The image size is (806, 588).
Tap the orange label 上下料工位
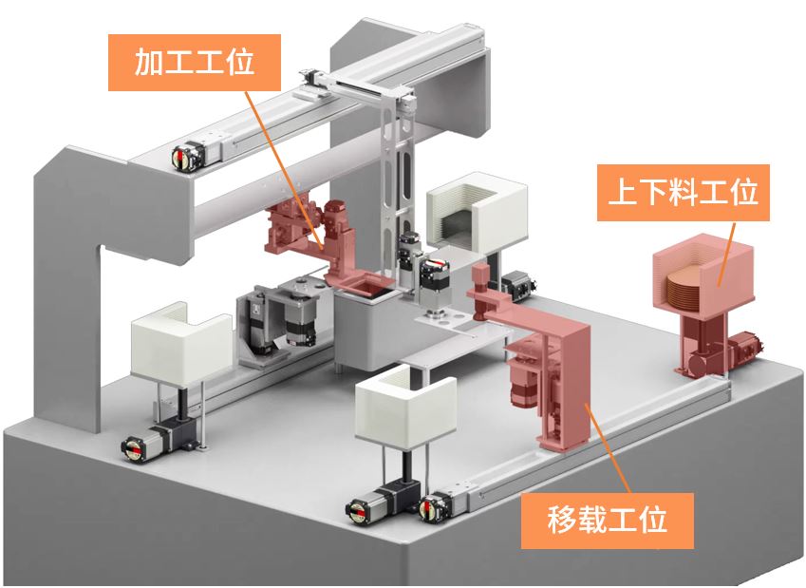point(682,195)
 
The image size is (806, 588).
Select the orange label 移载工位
point(608,518)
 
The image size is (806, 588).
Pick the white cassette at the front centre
point(403,408)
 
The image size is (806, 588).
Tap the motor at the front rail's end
point(438,505)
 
